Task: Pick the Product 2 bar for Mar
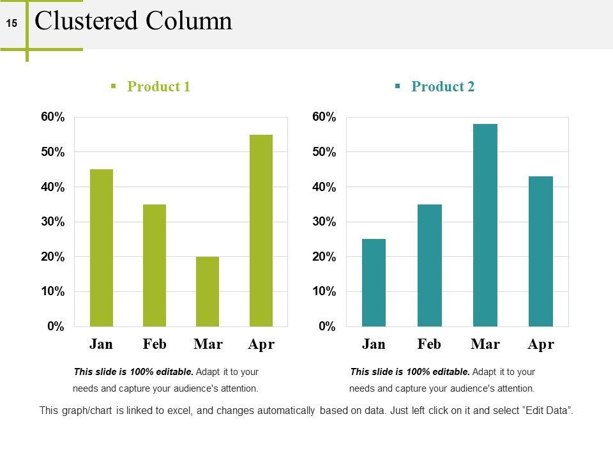tap(485, 225)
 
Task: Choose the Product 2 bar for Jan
tap(374, 282)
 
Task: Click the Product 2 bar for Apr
tap(541, 251)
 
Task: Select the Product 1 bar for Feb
tap(154, 265)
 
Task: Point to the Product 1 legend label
tap(158, 87)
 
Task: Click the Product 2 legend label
tap(443, 87)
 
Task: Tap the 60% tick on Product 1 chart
tap(53, 117)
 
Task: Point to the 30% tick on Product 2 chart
tap(324, 222)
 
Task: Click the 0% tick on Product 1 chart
tap(56, 326)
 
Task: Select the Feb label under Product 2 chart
tap(429, 344)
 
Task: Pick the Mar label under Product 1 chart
tap(208, 344)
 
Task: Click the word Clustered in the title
tap(87, 21)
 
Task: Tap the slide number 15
tap(12, 24)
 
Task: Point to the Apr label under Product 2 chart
tap(541, 344)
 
